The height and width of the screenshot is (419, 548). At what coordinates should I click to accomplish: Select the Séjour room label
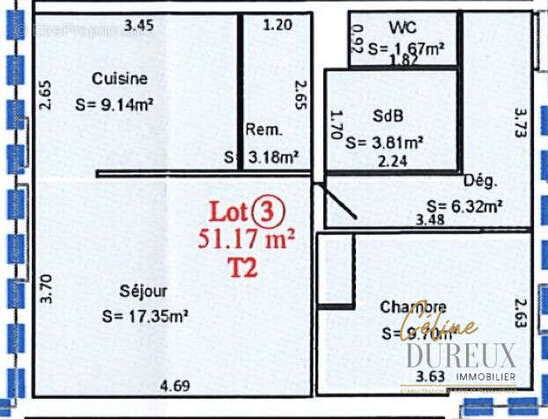coord(142,290)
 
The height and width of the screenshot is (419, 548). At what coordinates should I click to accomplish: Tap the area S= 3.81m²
coord(385,142)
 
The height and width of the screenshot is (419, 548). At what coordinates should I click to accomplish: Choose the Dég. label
coord(480,180)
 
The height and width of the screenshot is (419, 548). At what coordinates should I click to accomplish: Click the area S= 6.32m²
coord(459,206)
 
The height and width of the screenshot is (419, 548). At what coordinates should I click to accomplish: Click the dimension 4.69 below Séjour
coord(174,384)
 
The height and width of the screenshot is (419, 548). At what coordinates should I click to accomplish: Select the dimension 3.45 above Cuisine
coord(138,26)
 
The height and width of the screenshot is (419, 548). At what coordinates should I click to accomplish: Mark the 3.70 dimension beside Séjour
coord(47,288)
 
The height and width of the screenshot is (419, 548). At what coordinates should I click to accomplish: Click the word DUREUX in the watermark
coord(461,356)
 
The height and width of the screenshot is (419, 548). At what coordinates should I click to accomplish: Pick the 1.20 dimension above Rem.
coord(278,25)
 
